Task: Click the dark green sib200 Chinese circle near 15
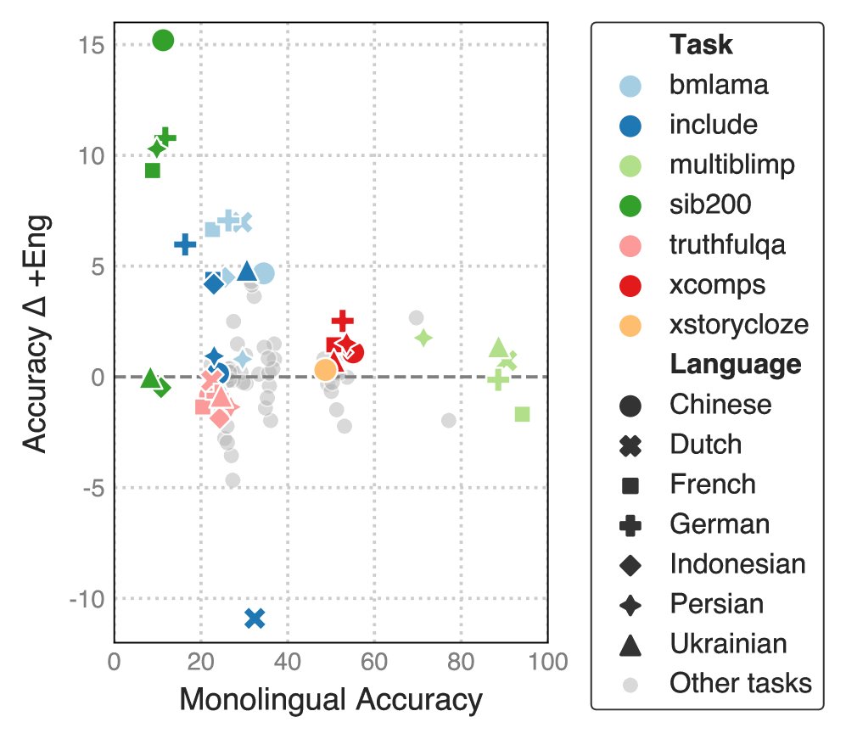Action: [x=163, y=40]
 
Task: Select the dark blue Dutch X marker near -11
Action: [x=255, y=619]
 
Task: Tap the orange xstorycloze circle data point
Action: [x=325, y=370]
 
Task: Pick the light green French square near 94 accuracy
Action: [x=522, y=414]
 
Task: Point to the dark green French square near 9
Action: [x=153, y=171]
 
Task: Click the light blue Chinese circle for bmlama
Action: [x=264, y=273]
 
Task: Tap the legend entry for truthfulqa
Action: [x=726, y=246]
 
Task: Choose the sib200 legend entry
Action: [x=709, y=205]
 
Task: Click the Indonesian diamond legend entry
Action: [x=737, y=563]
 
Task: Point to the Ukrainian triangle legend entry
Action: [x=727, y=643]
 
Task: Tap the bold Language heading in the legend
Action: [x=735, y=365]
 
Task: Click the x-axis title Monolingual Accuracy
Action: [x=331, y=701]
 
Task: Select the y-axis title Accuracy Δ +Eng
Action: [x=36, y=333]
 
